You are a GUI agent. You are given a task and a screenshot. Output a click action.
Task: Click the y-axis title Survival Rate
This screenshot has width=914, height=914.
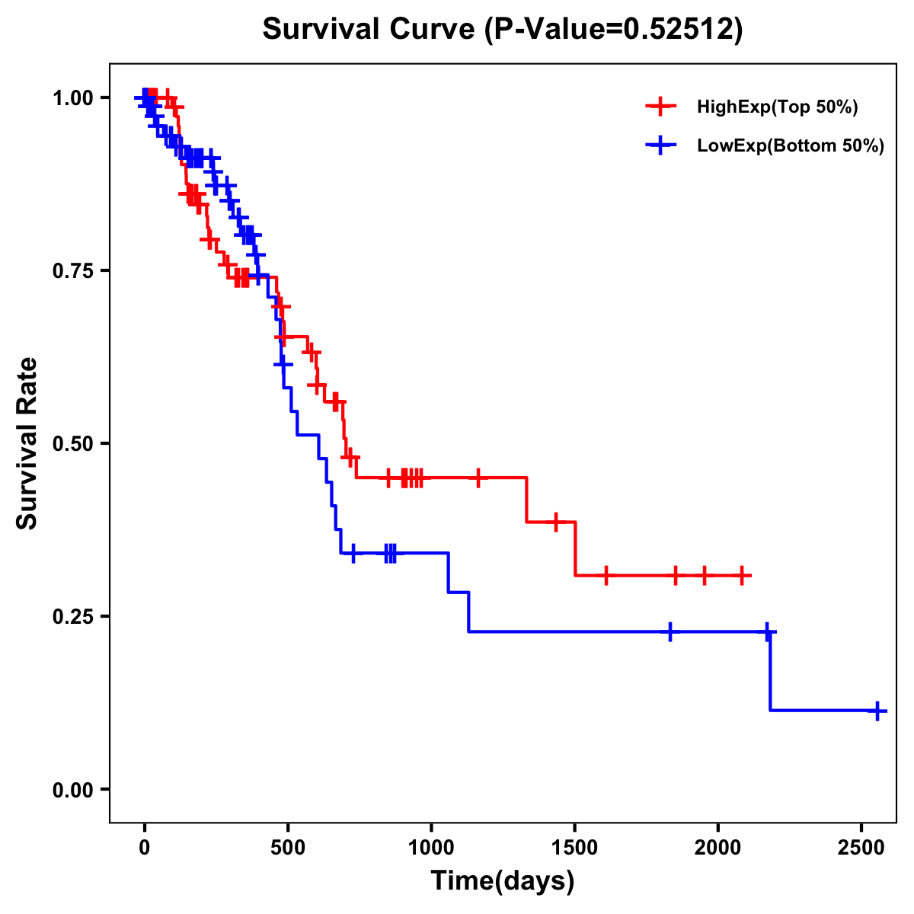[x=27, y=443]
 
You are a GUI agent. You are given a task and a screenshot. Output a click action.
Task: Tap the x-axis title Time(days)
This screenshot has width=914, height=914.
[x=503, y=881]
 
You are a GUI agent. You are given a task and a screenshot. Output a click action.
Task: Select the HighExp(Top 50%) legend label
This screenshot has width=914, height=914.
[x=777, y=107]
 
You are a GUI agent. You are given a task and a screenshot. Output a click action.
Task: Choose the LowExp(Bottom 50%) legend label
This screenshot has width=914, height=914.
[x=791, y=146]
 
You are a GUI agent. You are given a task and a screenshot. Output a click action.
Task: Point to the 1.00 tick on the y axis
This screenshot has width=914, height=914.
[x=72, y=97]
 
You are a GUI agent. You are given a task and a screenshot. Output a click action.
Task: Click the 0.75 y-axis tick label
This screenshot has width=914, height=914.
[x=72, y=270]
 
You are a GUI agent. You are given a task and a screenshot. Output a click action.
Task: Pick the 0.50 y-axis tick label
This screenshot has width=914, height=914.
[x=72, y=443]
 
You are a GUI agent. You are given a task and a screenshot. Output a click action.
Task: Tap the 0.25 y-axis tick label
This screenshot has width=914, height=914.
[x=72, y=616]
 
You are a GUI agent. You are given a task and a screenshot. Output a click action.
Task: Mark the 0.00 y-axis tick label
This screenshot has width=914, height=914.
[x=72, y=789]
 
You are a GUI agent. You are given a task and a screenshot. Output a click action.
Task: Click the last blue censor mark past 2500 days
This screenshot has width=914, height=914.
[x=877, y=711]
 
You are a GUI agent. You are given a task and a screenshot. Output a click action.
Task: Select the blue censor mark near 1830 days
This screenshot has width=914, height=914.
[x=670, y=631]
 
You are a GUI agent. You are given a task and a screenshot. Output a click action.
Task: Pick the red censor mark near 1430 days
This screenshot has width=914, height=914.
[x=556, y=522]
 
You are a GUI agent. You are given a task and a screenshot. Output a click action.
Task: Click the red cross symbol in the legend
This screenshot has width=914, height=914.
[x=661, y=107]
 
